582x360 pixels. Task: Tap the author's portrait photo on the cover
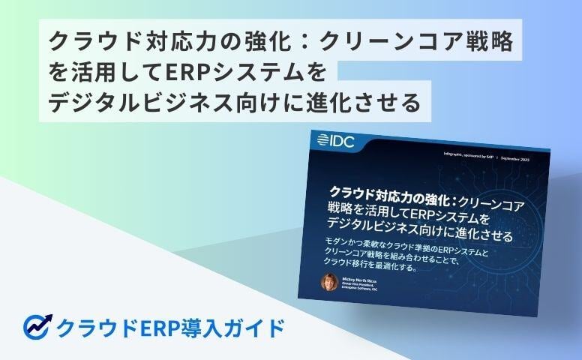pos(328,282)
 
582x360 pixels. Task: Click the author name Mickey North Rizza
pos(361,277)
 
